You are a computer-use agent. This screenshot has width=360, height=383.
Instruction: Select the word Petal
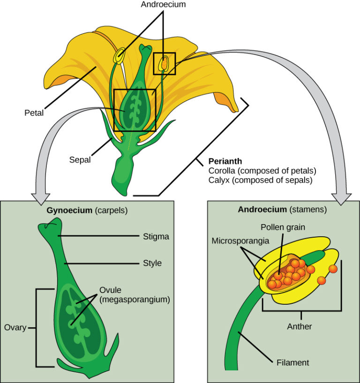[34, 113]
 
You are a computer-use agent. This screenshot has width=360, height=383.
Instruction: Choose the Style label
[152, 263]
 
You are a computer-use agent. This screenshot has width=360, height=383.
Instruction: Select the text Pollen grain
[283, 227]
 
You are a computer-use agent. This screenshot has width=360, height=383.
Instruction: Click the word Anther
[300, 326]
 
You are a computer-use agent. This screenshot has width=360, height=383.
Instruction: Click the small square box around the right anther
[165, 63]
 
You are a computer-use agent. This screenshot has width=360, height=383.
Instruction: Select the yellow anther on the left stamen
[120, 55]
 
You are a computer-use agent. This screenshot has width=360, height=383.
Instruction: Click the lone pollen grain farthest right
[333, 269]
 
